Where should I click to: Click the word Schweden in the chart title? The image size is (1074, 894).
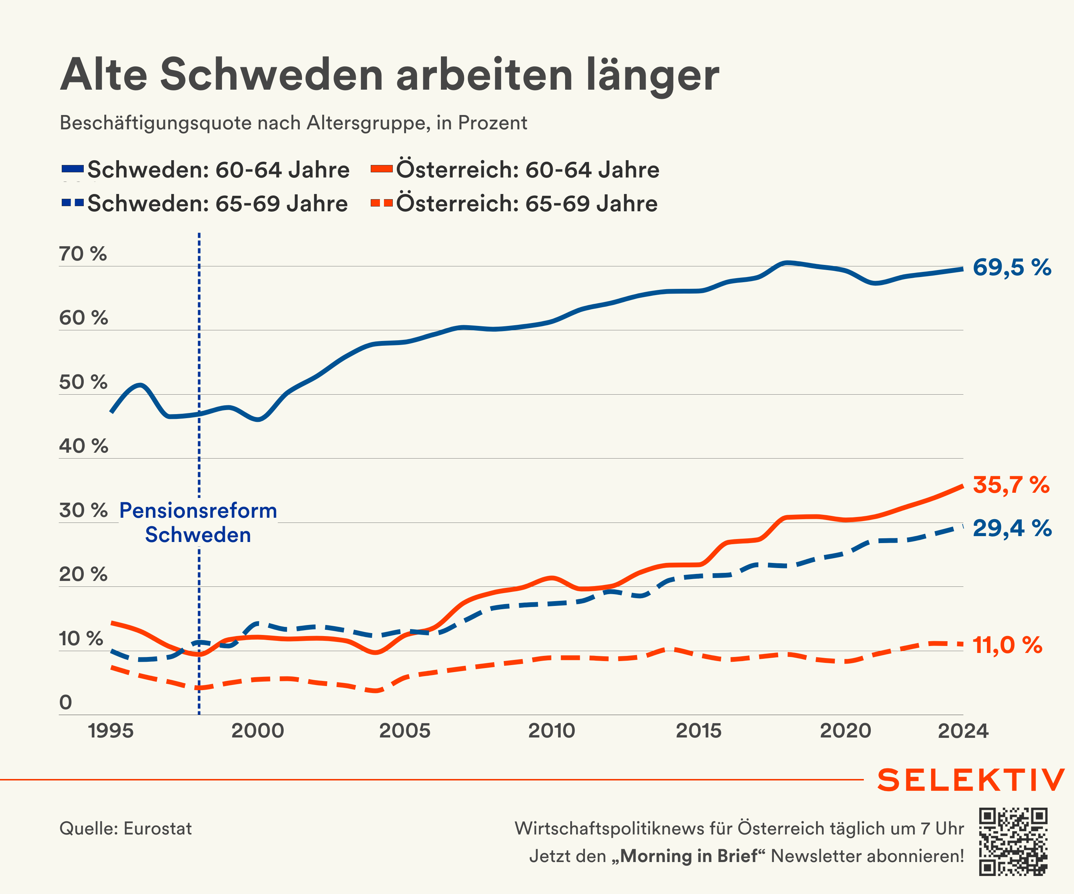coord(271,75)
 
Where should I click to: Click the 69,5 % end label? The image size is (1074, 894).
coord(1012,268)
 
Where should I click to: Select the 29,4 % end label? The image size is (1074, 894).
coord(1012,528)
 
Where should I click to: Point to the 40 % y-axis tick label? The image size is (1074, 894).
coord(83,446)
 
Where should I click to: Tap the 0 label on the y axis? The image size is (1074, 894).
coord(65,702)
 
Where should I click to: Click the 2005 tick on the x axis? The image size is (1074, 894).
coord(405,731)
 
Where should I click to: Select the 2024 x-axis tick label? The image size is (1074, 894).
coord(963,731)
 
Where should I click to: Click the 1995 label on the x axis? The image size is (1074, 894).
coord(111,731)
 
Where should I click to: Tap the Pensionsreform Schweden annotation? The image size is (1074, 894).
coord(198,523)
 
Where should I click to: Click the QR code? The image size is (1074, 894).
coord(1013,842)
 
